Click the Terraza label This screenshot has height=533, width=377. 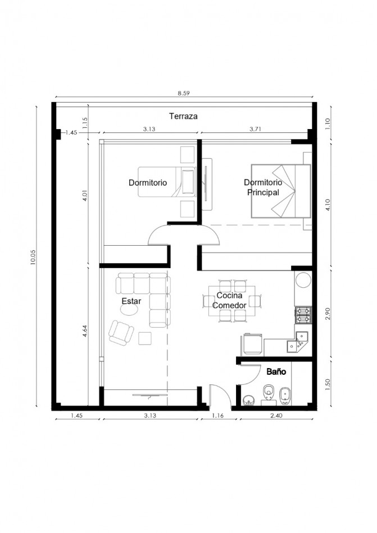click(183, 116)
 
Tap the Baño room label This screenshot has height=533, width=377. click(276, 371)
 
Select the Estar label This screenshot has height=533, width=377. click(131, 301)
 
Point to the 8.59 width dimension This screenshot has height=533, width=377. click(183, 93)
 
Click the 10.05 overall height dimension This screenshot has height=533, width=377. click(33, 257)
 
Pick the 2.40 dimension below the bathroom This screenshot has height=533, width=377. click(276, 415)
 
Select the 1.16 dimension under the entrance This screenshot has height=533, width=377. click(218, 415)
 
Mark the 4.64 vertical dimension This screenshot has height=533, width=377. click(85, 331)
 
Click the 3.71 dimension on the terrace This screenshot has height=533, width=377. click(255, 129)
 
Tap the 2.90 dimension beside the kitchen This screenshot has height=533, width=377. click(328, 314)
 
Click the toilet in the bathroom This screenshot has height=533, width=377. click(269, 394)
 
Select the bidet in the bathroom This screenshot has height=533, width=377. click(285, 396)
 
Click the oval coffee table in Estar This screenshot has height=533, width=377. click(129, 310)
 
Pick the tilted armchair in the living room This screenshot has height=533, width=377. click(121, 333)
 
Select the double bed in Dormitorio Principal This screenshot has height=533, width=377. click(281, 191)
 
